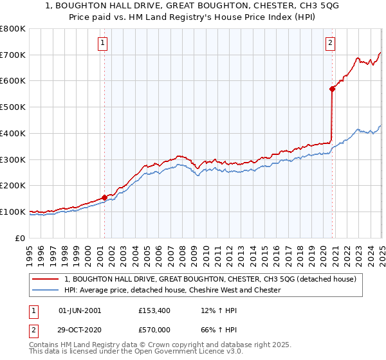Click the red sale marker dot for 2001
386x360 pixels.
(x=104, y=197)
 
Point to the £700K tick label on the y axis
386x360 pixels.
(x=13, y=55)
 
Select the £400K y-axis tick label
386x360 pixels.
(x=13, y=133)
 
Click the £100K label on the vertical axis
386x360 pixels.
(x=13, y=212)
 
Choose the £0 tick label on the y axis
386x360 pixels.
(x=21, y=238)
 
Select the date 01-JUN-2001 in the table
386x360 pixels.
(x=80, y=310)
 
